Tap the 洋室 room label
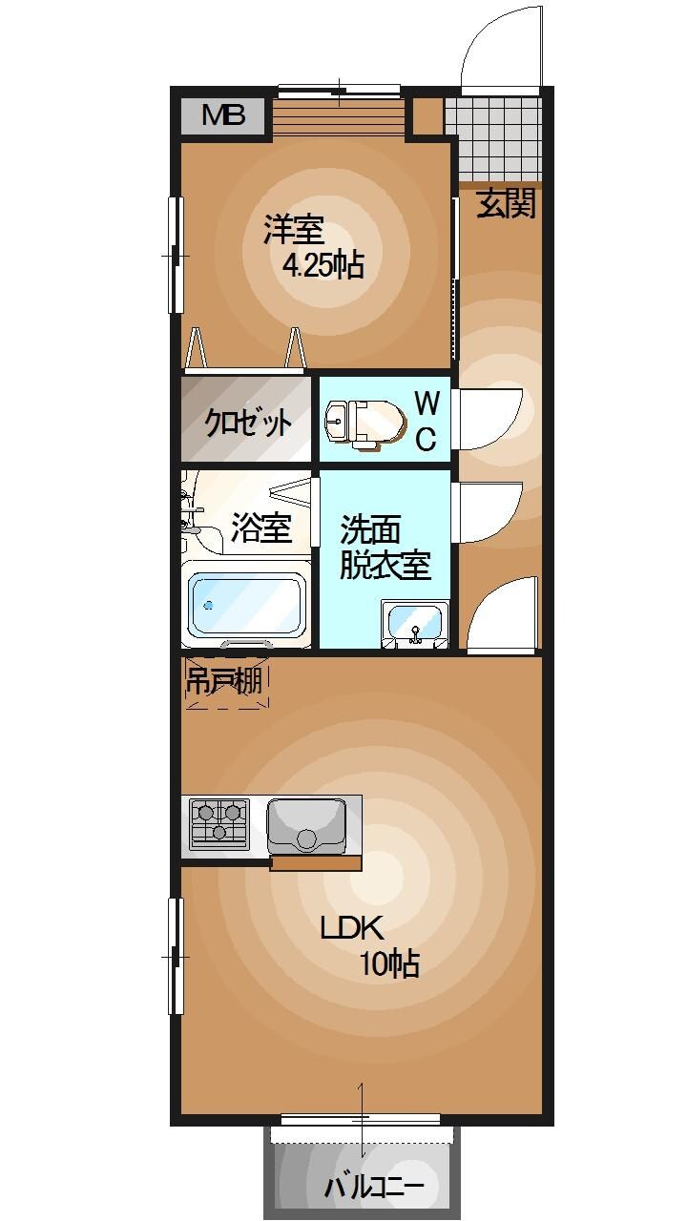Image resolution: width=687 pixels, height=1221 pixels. pyautogui.click(x=294, y=230)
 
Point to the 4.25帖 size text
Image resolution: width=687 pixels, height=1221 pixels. pyautogui.click(x=323, y=265)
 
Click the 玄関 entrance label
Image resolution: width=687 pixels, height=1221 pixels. pyautogui.click(x=506, y=204)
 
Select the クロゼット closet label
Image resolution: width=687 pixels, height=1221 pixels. pyautogui.click(x=248, y=421)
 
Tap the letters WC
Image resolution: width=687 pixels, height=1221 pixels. pyautogui.click(x=426, y=421)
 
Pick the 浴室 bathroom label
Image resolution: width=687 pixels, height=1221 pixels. pyautogui.click(x=260, y=528)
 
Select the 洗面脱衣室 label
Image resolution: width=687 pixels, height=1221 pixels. pyautogui.click(x=385, y=547)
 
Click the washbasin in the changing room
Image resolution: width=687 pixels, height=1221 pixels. pyautogui.click(x=415, y=625)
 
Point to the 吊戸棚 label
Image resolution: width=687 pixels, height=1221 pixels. pyautogui.click(x=223, y=681)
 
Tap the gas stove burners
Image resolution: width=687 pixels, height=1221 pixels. pyautogui.click(x=219, y=823)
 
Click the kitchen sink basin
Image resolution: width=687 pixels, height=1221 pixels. pyautogui.click(x=305, y=825)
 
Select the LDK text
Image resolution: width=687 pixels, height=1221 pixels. pyautogui.click(x=351, y=928)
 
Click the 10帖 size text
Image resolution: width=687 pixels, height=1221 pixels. pyautogui.click(x=388, y=964)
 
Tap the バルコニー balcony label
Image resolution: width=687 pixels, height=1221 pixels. pyautogui.click(x=373, y=1188)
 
